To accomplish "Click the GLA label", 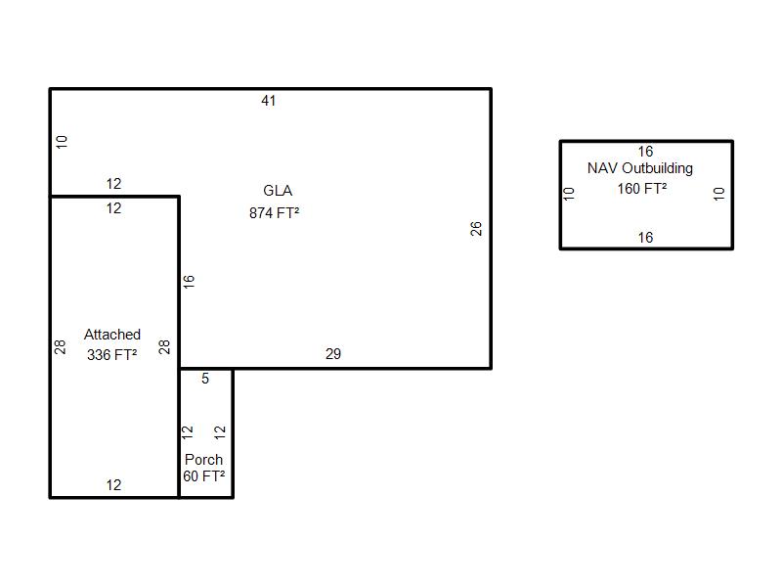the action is (x=278, y=190).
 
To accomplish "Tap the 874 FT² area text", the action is (x=275, y=212).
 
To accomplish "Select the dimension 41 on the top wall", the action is (x=268, y=101).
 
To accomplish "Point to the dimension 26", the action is (x=476, y=229).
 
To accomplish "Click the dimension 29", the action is (x=333, y=354).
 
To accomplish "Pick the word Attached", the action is (x=112, y=334).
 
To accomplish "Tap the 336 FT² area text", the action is (x=111, y=354).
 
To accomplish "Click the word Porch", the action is (x=203, y=459).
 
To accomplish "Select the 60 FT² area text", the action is (x=203, y=476).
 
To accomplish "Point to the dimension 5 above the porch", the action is (x=205, y=379).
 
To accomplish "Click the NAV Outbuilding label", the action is (x=640, y=168).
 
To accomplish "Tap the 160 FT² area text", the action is (x=642, y=189).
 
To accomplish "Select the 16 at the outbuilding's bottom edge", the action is (x=645, y=238).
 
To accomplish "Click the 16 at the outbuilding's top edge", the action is (x=645, y=152).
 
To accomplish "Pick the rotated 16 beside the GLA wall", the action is (x=189, y=282).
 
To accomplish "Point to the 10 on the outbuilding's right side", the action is (x=718, y=194).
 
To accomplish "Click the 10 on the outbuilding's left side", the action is (x=569, y=194).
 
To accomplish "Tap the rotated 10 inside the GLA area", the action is (x=62, y=142).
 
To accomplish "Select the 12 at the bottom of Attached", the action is (x=113, y=485).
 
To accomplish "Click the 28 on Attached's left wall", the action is (x=60, y=347).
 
